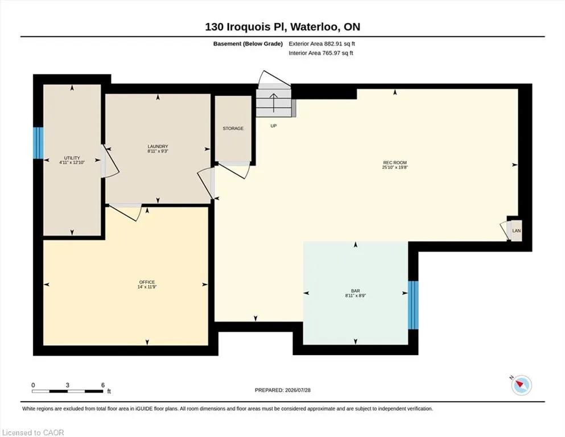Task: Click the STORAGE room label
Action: (x=233, y=128)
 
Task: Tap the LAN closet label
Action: (x=517, y=230)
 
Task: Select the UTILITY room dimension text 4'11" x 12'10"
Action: (x=72, y=163)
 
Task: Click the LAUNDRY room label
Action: (x=158, y=146)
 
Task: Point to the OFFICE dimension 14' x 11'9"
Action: (x=147, y=287)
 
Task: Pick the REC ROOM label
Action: (x=395, y=163)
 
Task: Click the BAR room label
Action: (x=355, y=291)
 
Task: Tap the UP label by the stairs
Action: (x=274, y=126)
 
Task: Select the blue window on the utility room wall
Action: (x=38, y=143)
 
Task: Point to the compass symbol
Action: (x=521, y=385)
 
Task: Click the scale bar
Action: (x=67, y=391)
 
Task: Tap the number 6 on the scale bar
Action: (x=102, y=385)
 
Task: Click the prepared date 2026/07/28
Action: (x=298, y=390)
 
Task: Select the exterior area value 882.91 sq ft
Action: (x=340, y=44)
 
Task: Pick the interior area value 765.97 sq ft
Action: (x=338, y=53)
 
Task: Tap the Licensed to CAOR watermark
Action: (x=33, y=432)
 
